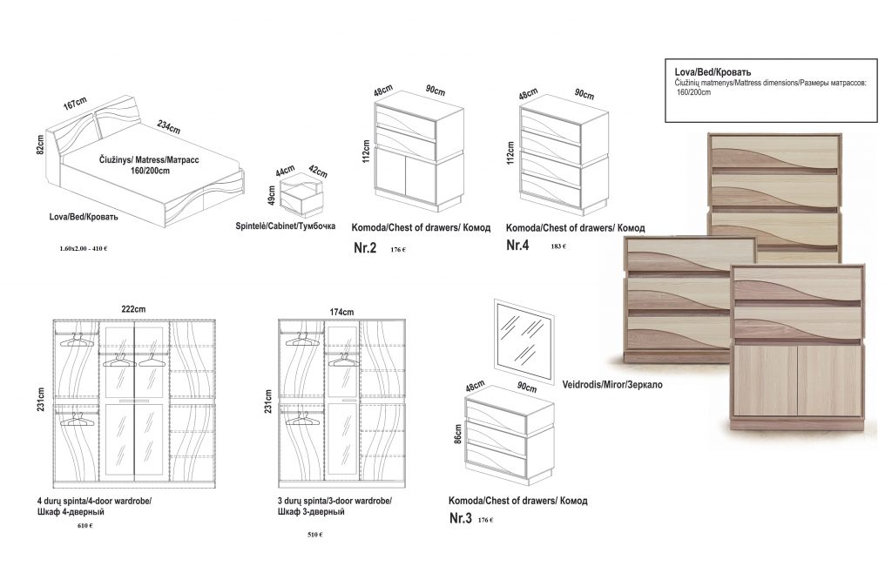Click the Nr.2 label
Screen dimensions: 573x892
[x=364, y=248]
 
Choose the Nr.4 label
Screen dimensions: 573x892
[x=517, y=246]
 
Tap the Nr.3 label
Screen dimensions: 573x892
[x=460, y=519]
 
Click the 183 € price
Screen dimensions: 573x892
[x=558, y=246]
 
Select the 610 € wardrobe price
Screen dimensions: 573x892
[x=84, y=526]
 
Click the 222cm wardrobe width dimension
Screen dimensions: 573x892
[x=133, y=311]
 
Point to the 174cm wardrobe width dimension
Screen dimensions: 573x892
[x=341, y=312]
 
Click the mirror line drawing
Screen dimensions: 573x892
[x=524, y=340]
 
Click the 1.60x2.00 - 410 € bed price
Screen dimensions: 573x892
[x=84, y=248]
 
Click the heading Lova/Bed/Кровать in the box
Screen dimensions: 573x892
[x=713, y=71]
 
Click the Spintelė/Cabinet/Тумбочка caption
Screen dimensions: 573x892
[x=286, y=226]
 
